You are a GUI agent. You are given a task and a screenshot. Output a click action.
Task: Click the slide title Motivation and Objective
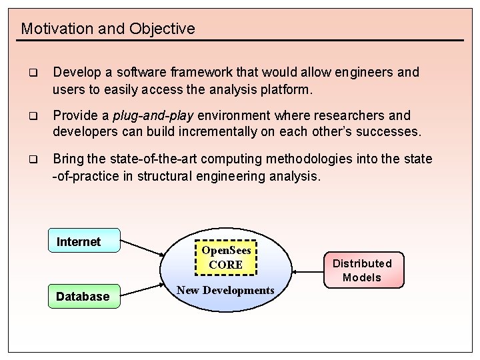tap(108, 29)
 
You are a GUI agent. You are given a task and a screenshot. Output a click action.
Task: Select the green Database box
tap(83, 296)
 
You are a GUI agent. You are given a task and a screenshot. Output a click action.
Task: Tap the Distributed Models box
tap(362, 269)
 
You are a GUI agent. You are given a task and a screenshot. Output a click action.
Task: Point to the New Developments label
tap(225, 290)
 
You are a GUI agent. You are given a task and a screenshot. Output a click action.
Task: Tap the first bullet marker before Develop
tap(32, 73)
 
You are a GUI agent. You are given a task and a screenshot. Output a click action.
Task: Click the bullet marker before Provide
tap(32, 116)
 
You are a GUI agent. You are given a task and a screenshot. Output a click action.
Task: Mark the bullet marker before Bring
tap(32, 160)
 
